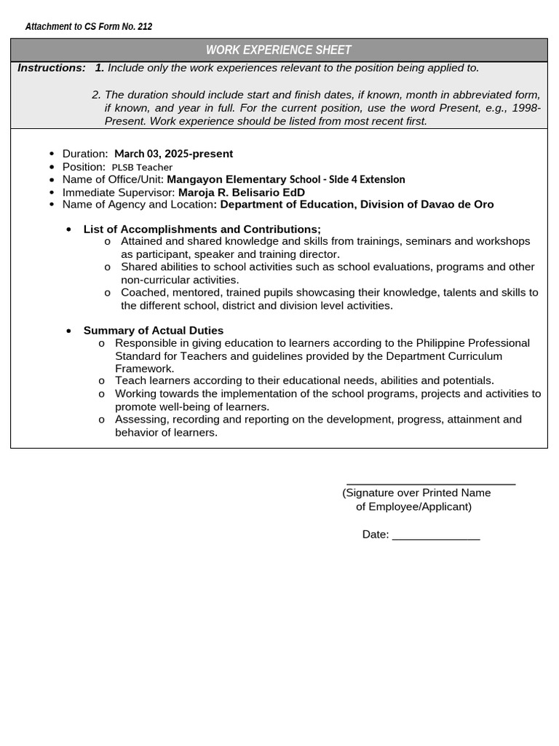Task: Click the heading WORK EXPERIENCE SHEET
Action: click(279, 50)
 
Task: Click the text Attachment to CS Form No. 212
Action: click(89, 27)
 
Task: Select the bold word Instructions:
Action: click(52, 68)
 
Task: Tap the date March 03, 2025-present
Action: click(173, 154)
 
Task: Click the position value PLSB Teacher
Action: click(142, 167)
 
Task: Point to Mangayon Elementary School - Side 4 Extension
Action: click(286, 179)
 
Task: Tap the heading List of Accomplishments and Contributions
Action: click(202, 229)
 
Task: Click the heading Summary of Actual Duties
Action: click(154, 331)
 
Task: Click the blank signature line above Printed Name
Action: click(431, 483)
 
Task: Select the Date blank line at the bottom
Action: click(435, 538)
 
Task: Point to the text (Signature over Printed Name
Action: click(416, 493)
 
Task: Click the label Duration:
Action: click(85, 154)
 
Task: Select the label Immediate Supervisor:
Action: click(119, 192)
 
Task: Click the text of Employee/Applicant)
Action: click(413, 506)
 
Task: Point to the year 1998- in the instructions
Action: click(526, 108)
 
